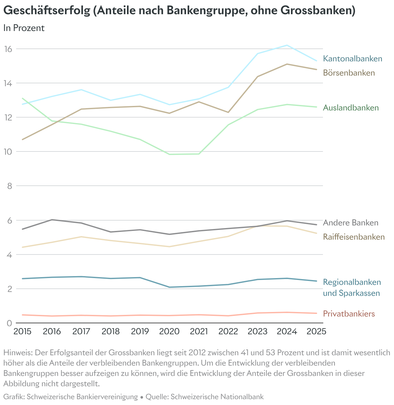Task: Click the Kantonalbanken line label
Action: (x=352, y=59)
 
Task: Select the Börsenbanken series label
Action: (x=349, y=73)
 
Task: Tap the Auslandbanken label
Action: (x=351, y=108)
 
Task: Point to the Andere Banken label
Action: (x=350, y=223)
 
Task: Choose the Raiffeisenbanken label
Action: (x=354, y=237)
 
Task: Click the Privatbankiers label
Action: (x=349, y=314)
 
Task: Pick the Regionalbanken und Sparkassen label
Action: (x=352, y=288)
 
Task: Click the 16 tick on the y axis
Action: (x=8, y=49)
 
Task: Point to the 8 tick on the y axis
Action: (x=10, y=186)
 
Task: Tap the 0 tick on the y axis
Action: (x=10, y=323)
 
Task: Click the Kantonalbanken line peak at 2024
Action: (x=287, y=45)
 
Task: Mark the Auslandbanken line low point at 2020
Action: (x=170, y=154)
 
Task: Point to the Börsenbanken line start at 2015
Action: (x=23, y=140)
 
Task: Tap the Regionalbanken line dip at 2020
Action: (x=170, y=287)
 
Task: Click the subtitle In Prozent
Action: (x=24, y=28)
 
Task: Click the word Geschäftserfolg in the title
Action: (x=47, y=10)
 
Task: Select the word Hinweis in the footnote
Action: (x=18, y=353)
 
